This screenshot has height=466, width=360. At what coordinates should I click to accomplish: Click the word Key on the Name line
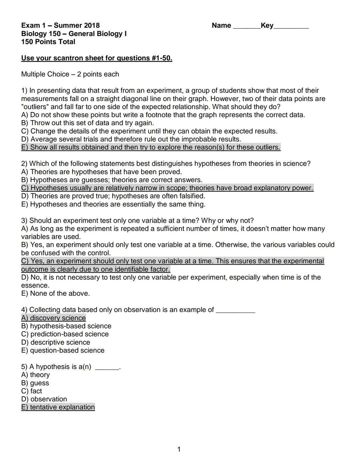point(267,26)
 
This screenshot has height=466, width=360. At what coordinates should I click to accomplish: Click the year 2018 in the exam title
point(92,26)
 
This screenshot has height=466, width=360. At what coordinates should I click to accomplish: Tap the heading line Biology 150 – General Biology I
point(74,34)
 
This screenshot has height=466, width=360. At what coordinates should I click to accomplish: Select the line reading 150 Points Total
point(48,42)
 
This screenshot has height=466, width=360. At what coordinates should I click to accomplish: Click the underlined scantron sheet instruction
point(97,58)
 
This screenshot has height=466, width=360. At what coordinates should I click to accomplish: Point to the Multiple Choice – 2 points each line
point(70,74)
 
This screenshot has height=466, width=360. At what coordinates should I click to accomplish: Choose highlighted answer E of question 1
point(151,147)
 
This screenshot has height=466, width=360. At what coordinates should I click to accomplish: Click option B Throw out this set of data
point(87,123)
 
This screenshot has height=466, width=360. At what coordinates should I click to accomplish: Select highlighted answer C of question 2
point(167,188)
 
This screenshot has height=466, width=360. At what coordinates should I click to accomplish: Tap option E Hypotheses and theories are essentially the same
point(113,204)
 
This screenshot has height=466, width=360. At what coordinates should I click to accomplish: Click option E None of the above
point(55,294)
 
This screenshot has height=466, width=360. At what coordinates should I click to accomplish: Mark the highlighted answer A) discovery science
point(53,318)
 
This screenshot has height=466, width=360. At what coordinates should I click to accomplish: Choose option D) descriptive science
point(55,342)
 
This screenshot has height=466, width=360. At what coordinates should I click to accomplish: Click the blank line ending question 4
point(235,311)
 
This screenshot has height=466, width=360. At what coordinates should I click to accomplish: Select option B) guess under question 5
point(35,383)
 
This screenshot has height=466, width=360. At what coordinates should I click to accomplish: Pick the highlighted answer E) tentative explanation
point(58,407)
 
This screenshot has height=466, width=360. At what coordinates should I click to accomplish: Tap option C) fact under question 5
point(32,391)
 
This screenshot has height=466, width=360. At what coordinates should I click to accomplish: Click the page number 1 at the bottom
point(179,449)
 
